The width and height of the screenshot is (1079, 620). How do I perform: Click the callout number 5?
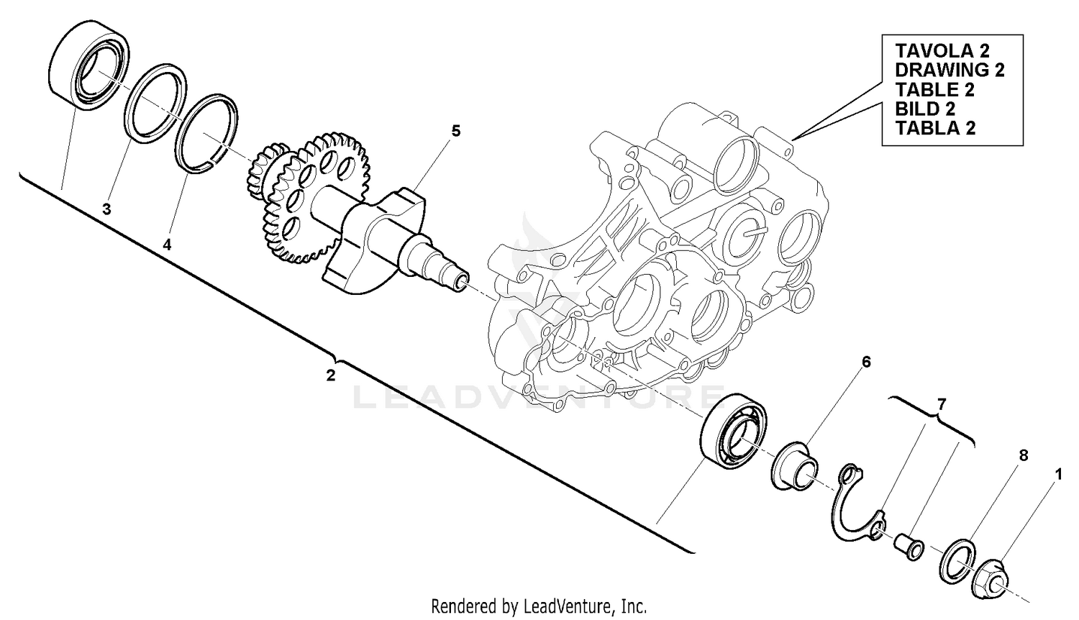(455, 131)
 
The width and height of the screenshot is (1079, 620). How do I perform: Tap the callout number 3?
(106, 209)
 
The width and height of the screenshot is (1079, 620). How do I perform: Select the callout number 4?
(167, 245)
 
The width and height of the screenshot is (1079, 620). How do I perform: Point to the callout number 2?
(331, 375)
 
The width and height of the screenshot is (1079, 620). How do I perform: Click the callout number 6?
(866, 362)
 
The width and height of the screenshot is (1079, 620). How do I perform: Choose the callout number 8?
(1023, 455)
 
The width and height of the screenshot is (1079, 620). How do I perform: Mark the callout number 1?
(1057, 474)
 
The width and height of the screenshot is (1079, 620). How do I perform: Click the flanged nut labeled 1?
(994, 578)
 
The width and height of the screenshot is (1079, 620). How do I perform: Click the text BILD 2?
(924, 109)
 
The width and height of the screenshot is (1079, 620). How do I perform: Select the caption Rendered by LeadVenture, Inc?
(539, 606)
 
